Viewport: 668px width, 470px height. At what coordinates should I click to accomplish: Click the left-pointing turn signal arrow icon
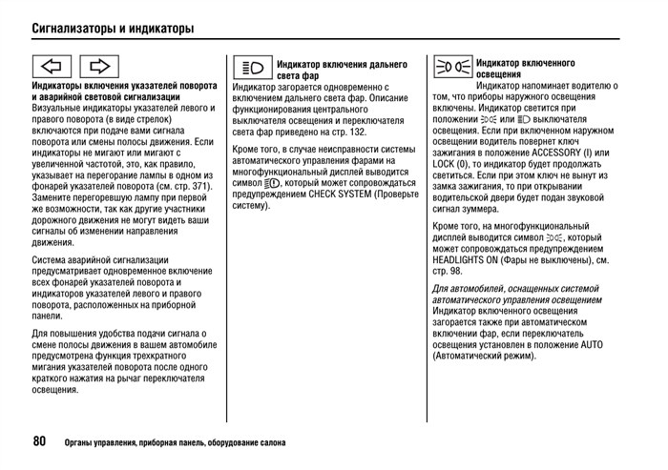[52, 67]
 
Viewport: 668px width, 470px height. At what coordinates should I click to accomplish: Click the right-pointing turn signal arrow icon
[99, 67]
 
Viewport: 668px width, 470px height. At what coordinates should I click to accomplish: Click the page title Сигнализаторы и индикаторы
[113, 28]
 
